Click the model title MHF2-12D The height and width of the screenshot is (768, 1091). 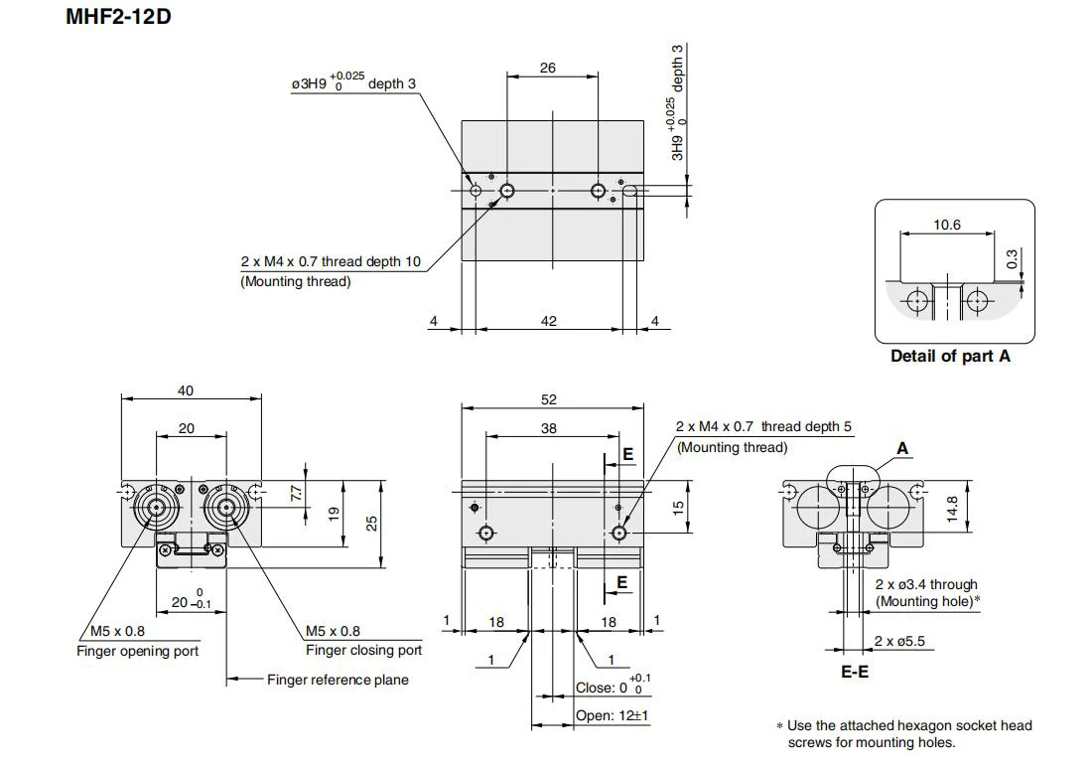click(x=118, y=16)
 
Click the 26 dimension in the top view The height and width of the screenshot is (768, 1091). click(x=548, y=68)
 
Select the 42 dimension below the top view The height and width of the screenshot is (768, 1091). click(x=548, y=321)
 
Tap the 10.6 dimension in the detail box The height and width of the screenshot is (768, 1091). click(x=947, y=225)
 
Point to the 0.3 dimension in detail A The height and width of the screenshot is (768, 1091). click(x=1012, y=259)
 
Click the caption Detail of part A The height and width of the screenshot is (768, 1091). click(x=950, y=356)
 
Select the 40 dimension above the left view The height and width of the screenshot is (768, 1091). click(x=185, y=390)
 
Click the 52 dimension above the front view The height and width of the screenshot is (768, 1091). click(x=548, y=399)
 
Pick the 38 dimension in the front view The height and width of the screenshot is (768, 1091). click(x=548, y=428)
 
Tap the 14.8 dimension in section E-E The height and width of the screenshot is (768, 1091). click(x=952, y=509)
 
